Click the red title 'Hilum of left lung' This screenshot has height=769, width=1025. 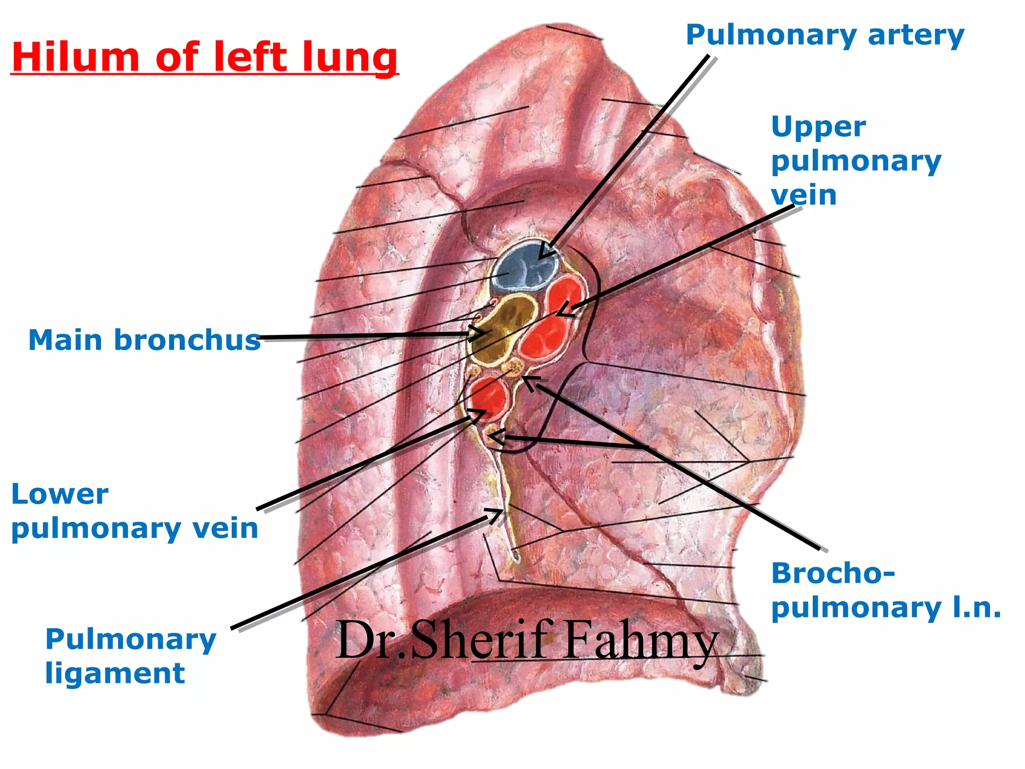point(205,58)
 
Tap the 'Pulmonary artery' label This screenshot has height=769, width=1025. point(825,36)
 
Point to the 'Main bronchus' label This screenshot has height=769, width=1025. point(145,340)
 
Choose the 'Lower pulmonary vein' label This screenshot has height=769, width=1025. point(135,511)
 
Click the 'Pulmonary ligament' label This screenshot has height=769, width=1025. point(131,656)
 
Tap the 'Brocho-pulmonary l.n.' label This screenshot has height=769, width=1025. point(886,591)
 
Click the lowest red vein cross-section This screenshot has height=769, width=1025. point(489,397)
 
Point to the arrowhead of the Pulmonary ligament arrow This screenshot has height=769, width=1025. point(496,515)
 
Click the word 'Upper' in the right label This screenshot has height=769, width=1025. point(818,127)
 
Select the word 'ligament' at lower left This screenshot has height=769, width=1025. point(115,673)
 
